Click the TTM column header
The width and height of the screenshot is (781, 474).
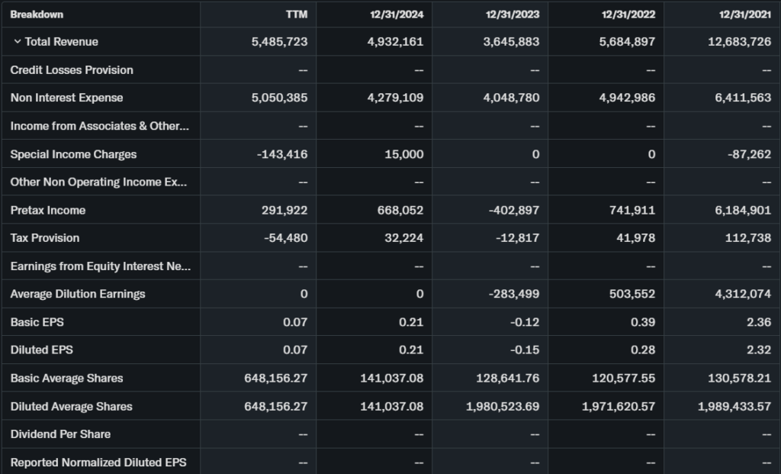click(296, 15)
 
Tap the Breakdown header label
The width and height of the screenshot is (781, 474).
click(37, 15)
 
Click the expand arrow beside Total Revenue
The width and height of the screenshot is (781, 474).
click(18, 42)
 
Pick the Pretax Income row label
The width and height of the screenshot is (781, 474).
click(48, 210)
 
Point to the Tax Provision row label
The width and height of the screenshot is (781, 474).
click(45, 238)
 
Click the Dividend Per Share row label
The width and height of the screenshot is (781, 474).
click(60, 434)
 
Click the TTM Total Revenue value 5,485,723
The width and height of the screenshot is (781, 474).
click(279, 42)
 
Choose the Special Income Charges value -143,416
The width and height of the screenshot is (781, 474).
click(282, 154)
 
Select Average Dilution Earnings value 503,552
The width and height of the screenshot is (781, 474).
click(628, 294)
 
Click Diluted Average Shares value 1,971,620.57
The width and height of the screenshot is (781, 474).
click(619, 407)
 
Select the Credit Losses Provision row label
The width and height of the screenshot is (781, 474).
click(72, 70)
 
